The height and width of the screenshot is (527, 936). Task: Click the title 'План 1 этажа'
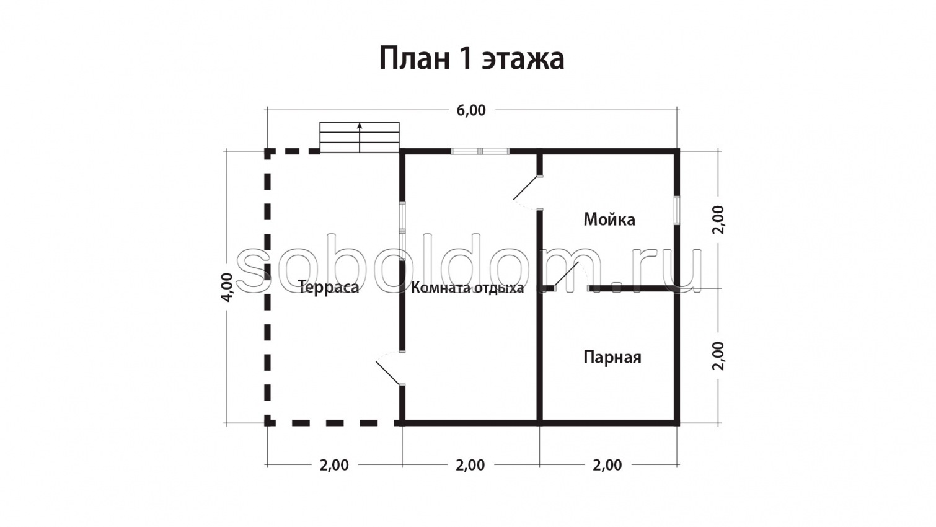(x=471, y=59)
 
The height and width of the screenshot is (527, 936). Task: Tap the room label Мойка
(x=609, y=219)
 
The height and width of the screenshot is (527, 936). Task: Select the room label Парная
(x=612, y=357)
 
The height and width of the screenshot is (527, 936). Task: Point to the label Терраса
(x=328, y=287)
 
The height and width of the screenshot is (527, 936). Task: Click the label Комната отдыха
(x=467, y=288)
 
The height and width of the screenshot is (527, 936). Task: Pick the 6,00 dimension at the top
(x=471, y=110)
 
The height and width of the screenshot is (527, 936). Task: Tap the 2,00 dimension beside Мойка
(x=718, y=219)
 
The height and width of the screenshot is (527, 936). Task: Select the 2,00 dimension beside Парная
(x=718, y=356)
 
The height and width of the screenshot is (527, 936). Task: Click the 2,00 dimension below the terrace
(x=334, y=465)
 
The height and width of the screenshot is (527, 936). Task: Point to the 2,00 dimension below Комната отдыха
(x=470, y=465)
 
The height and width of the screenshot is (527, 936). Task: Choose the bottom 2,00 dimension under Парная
(x=607, y=465)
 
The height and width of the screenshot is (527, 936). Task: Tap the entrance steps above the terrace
(x=360, y=138)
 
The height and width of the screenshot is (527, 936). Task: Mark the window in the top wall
(x=480, y=151)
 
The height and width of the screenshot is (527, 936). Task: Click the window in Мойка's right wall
(x=677, y=211)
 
